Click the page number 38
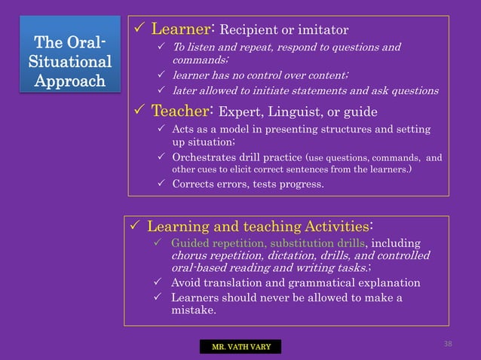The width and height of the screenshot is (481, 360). tap(448, 343)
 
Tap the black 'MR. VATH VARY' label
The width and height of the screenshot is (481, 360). tap(240, 346)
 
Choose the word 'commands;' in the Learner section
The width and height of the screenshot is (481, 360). tap(196, 60)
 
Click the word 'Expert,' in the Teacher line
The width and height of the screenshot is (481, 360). tap(240, 112)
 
